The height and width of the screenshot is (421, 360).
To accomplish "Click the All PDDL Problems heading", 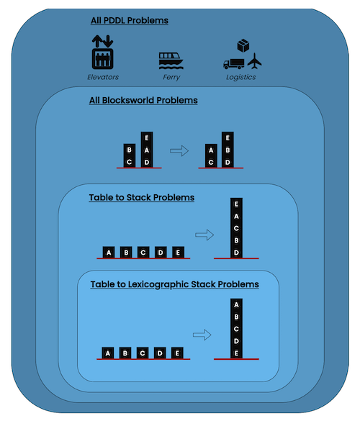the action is pos(130,20).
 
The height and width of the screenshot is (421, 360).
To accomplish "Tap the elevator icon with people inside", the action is pos(103,58).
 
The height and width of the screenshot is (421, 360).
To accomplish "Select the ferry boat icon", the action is pos(171,60).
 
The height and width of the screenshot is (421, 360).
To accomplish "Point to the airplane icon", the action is pos(254,61).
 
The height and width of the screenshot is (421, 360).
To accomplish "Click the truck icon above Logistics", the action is pos(234,64).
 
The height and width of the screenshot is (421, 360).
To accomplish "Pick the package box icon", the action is pos(243,45).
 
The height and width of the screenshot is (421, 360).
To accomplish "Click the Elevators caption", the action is pos(103,77).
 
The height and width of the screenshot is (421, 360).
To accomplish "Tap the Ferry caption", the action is pos(171,77).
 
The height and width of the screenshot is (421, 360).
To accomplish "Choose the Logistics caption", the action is pos(241,77).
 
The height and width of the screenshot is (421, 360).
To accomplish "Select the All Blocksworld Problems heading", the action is pos(143,101).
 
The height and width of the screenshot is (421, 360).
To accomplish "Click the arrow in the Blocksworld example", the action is pos(179,150).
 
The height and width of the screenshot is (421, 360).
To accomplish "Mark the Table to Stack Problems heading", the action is pos(142,198).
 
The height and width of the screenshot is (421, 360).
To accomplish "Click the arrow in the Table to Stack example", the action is pos(204,235).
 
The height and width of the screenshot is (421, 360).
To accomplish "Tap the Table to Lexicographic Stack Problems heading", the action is pos(175,284).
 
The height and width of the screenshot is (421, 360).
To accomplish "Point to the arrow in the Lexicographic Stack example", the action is pos(202,335).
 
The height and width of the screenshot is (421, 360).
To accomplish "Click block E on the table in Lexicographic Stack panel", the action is pos(177,353).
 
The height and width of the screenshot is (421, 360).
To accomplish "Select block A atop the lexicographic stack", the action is pos(236,304).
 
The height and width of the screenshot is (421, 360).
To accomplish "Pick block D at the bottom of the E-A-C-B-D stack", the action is pos(236,253).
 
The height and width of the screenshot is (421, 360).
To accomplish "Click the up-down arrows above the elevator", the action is pos(103,41).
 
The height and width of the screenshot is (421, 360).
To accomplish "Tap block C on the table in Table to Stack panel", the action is pos(143,253).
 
